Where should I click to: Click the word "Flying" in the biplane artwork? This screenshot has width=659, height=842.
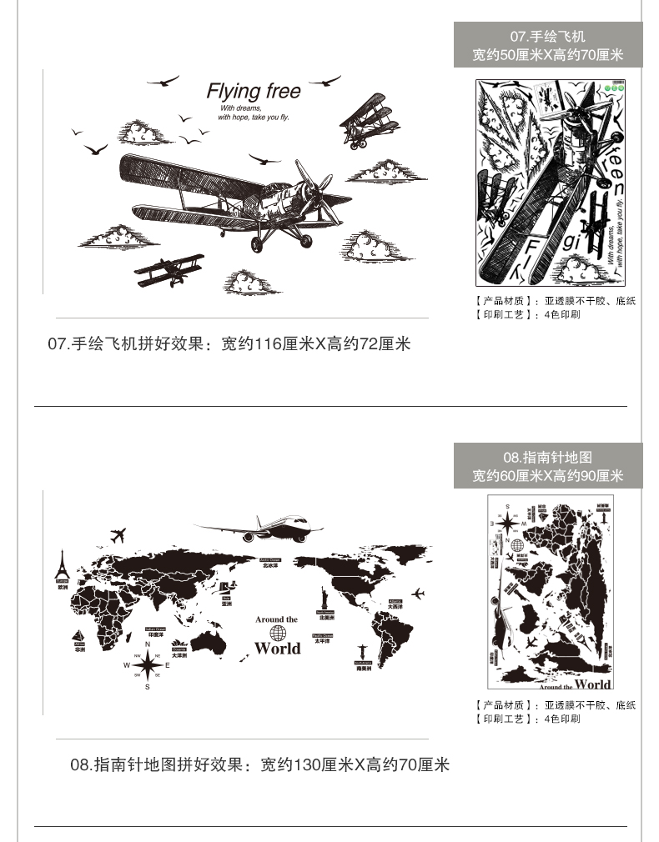click(234, 90)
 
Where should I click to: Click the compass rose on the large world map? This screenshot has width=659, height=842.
click(148, 664)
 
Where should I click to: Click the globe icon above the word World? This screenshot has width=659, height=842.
click(277, 633)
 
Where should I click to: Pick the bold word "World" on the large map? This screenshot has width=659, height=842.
click(277, 649)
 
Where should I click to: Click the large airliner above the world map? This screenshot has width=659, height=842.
click(259, 528)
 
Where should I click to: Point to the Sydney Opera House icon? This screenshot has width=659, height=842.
click(179, 647)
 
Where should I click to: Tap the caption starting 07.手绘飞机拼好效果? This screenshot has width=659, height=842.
click(229, 343)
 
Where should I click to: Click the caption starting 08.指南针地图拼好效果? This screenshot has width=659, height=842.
click(259, 764)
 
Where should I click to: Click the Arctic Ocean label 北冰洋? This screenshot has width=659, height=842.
click(269, 564)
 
